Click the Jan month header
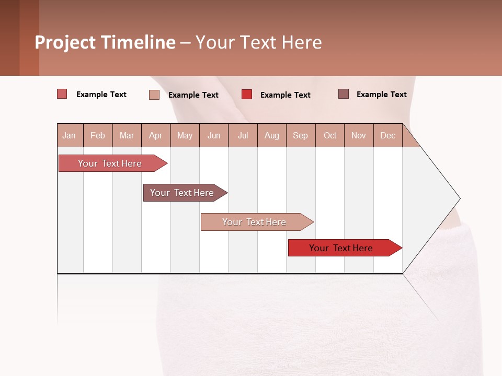(x=69, y=135)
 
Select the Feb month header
(x=98, y=135)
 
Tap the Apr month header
(x=155, y=135)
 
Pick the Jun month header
(x=214, y=135)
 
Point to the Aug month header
(x=271, y=135)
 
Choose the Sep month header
(x=300, y=135)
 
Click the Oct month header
(x=330, y=135)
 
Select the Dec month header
(x=387, y=135)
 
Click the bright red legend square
(x=247, y=95)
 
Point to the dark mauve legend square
(x=343, y=94)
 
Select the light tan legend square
(x=154, y=95)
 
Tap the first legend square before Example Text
(x=62, y=94)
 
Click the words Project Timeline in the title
(x=105, y=42)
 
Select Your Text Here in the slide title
(x=259, y=42)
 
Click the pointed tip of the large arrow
(x=459, y=198)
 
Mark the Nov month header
(x=359, y=135)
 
